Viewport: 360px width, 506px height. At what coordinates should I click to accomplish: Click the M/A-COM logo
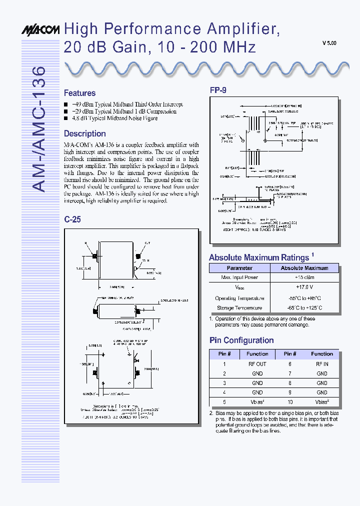tap(40, 30)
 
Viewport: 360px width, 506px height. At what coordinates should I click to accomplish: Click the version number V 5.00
tap(329, 43)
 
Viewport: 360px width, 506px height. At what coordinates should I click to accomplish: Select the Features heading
tap(79, 93)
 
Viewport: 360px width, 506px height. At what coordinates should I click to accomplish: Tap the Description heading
tap(84, 133)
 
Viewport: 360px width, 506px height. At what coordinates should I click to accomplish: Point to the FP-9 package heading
tap(217, 90)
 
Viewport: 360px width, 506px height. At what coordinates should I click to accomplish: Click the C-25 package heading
tap(72, 219)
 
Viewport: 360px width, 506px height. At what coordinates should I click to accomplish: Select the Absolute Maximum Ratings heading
tap(259, 257)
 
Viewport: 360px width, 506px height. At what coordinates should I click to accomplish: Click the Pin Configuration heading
tap(241, 340)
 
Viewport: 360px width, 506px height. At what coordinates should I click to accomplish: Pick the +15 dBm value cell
tap(304, 277)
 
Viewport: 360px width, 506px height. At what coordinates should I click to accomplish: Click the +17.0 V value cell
tap(304, 287)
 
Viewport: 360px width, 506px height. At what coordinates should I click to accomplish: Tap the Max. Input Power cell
tap(239, 277)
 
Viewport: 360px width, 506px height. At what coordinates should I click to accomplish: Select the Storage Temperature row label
tap(239, 308)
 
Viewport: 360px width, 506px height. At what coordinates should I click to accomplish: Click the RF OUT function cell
tap(257, 364)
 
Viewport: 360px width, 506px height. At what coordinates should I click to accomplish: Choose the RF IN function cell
tap(322, 364)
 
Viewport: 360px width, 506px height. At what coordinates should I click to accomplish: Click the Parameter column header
tap(239, 268)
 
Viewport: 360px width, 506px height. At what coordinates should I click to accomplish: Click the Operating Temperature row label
tap(239, 298)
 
